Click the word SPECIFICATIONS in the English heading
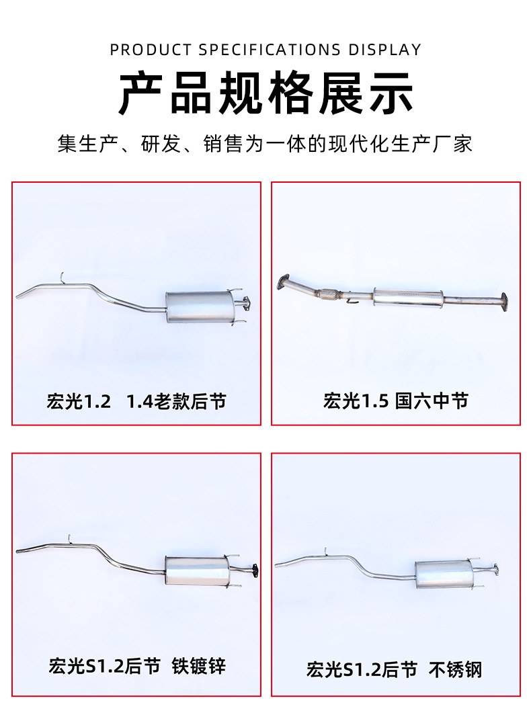[x=270, y=49]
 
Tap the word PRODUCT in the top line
[x=151, y=49]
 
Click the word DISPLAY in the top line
[x=384, y=49]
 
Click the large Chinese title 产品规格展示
[x=265, y=93]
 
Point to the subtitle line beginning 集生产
[x=265, y=144]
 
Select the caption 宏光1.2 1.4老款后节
[x=136, y=401]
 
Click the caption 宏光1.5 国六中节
[x=396, y=401]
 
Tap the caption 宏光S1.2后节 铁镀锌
[x=136, y=666]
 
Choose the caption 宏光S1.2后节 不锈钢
[x=394, y=669]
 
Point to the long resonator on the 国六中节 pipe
[x=408, y=298]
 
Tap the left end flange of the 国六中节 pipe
[x=284, y=282]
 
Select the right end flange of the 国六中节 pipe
[x=503, y=302]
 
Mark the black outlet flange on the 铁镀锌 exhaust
[x=254, y=571]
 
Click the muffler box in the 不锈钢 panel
[x=444, y=573]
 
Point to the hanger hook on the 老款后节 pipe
[x=62, y=278]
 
